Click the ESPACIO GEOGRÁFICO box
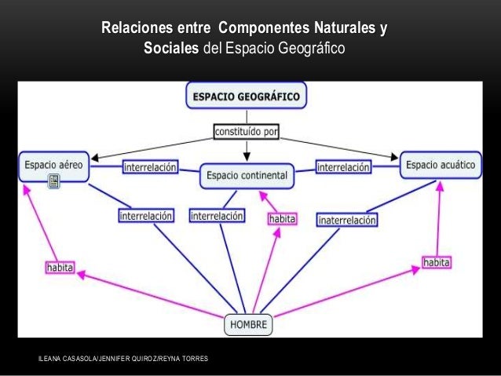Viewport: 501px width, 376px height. coord(247,97)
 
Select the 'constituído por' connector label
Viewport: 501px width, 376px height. coord(247,131)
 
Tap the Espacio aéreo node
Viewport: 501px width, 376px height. coord(53,165)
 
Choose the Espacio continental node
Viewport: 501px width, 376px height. coord(247,175)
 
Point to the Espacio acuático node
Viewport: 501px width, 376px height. coord(439,165)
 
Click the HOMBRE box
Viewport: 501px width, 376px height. coord(248,323)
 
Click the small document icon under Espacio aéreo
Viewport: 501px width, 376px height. coord(53,182)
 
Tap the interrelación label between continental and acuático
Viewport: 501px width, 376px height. coord(342,167)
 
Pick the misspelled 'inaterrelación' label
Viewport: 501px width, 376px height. coord(347,221)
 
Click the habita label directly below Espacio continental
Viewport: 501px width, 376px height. coord(282,219)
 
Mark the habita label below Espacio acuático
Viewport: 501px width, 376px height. coord(436,263)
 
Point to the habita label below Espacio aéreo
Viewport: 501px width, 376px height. coord(59,268)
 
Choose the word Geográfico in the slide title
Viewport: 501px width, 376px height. coord(310,49)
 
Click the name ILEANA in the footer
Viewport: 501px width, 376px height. coord(50,360)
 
